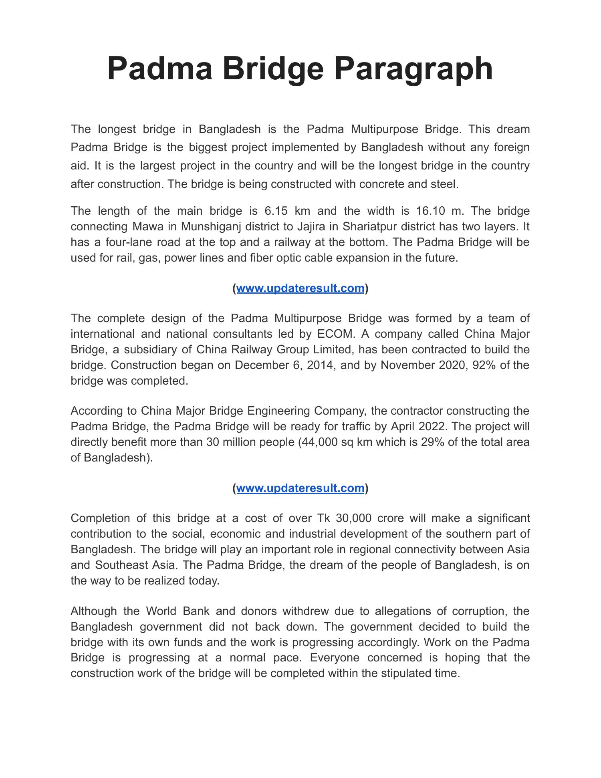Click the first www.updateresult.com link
click(300, 288)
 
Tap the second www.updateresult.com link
click(300, 488)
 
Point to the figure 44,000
click(321, 442)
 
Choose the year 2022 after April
click(432, 426)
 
